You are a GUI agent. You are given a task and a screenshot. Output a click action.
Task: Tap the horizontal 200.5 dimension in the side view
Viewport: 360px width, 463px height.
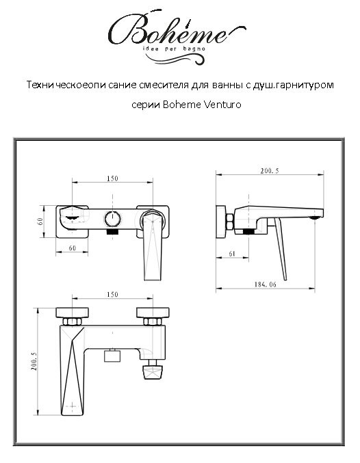point(270,172)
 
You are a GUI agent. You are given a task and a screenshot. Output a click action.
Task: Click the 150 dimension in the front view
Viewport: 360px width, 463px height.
point(112,179)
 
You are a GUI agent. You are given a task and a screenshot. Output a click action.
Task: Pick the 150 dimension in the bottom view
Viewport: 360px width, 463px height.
point(112,295)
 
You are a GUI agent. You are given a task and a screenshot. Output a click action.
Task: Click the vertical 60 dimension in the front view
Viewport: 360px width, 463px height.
point(41,220)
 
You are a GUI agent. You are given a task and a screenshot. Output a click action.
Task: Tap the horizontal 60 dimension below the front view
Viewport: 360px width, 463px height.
point(71,249)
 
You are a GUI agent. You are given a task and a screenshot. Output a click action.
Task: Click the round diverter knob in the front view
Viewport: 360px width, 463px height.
point(112,220)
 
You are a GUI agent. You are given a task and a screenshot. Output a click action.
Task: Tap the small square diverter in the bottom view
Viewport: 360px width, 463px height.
point(111,356)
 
